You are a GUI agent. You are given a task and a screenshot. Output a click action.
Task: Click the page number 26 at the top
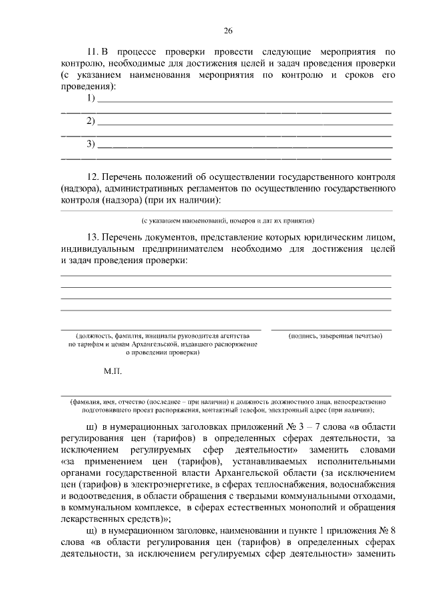coord(228,31)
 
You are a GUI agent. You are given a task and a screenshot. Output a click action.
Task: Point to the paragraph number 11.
coord(93,51)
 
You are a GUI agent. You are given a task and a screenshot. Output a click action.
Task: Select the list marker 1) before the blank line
coord(91,99)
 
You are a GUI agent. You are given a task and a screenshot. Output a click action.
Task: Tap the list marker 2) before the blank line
coord(91,121)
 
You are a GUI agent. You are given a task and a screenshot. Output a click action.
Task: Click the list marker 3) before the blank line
coord(91,144)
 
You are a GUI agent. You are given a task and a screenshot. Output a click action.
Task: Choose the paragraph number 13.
coord(93,237)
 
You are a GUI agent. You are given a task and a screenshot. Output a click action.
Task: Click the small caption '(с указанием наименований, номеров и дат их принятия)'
coord(227,219)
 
